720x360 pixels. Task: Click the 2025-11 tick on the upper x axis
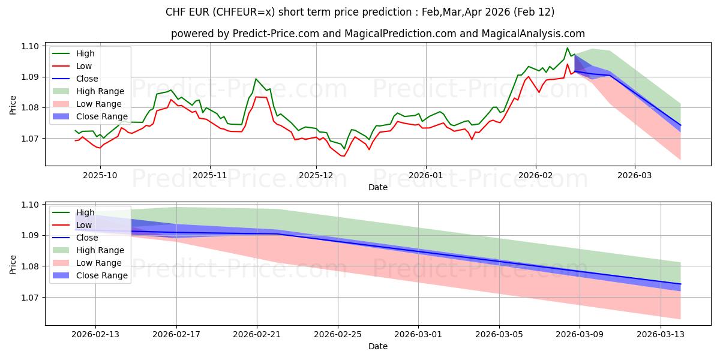click(x=209, y=175)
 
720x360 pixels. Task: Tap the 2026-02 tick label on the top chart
click(x=535, y=175)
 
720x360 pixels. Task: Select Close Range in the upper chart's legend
click(x=101, y=116)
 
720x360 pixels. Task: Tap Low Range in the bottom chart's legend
click(x=99, y=263)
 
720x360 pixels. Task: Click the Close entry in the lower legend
click(x=87, y=238)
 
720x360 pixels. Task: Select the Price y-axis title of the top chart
click(x=13, y=104)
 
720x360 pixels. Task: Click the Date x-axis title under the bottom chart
click(x=378, y=346)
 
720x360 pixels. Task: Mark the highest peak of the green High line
click(x=567, y=48)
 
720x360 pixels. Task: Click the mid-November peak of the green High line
click(x=256, y=79)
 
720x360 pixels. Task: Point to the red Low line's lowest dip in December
click(x=343, y=156)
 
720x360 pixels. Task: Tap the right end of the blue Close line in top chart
click(x=680, y=125)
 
